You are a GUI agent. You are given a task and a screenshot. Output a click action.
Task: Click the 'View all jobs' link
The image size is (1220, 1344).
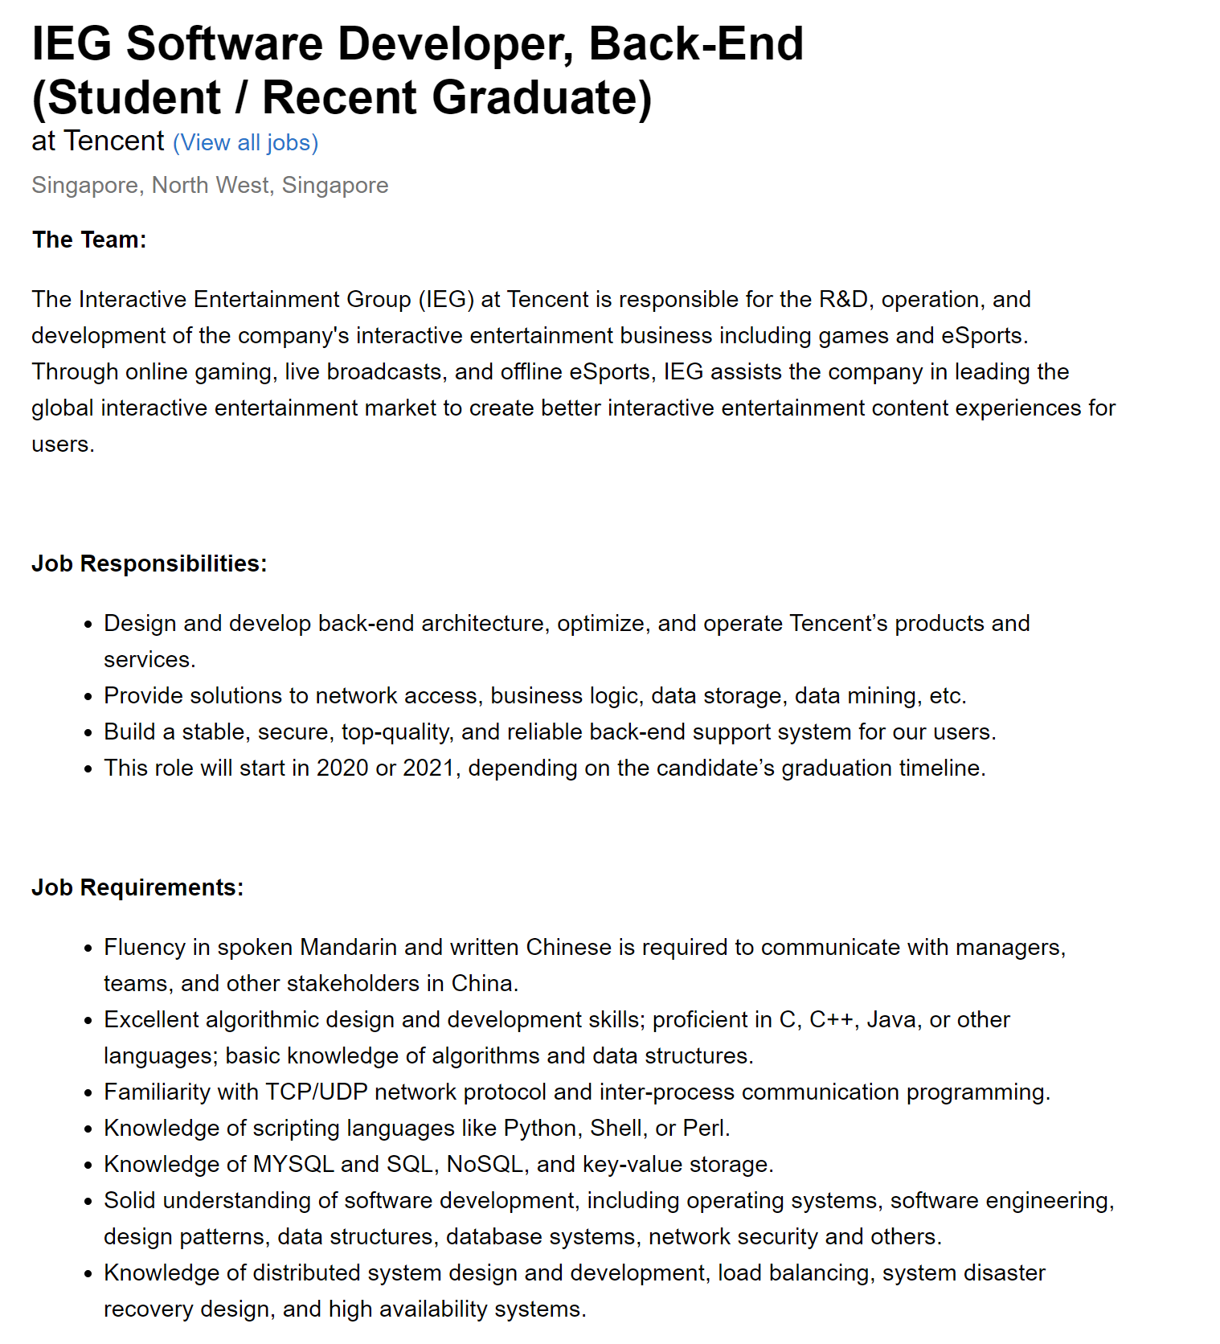click(245, 143)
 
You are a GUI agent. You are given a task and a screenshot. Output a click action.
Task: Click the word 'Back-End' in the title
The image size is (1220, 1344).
click(696, 43)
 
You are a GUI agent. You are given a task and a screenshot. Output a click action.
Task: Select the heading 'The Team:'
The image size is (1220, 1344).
click(89, 240)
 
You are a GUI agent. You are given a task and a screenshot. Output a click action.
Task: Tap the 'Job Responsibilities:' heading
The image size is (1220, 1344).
click(149, 563)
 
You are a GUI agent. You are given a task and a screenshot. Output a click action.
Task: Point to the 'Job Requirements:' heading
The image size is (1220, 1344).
click(137, 887)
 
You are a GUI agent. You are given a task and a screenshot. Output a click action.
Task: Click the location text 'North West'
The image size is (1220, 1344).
click(210, 186)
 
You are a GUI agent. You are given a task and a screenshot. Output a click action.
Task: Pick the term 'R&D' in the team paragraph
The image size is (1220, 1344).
click(843, 300)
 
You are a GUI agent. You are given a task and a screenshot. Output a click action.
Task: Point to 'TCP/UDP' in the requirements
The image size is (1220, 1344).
click(317, 1092)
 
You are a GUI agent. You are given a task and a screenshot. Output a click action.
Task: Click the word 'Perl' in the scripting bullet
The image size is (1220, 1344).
click(704, 1129)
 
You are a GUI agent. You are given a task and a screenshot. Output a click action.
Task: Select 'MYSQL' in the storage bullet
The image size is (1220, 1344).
click(293, 1165)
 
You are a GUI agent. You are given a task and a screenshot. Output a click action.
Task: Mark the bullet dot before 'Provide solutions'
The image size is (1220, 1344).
click(88, 697)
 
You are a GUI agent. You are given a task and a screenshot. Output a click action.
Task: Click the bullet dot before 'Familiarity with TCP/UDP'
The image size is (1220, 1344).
click(88, 1093)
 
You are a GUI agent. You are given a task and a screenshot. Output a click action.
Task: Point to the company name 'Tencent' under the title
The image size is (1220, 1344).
click(113, 141)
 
